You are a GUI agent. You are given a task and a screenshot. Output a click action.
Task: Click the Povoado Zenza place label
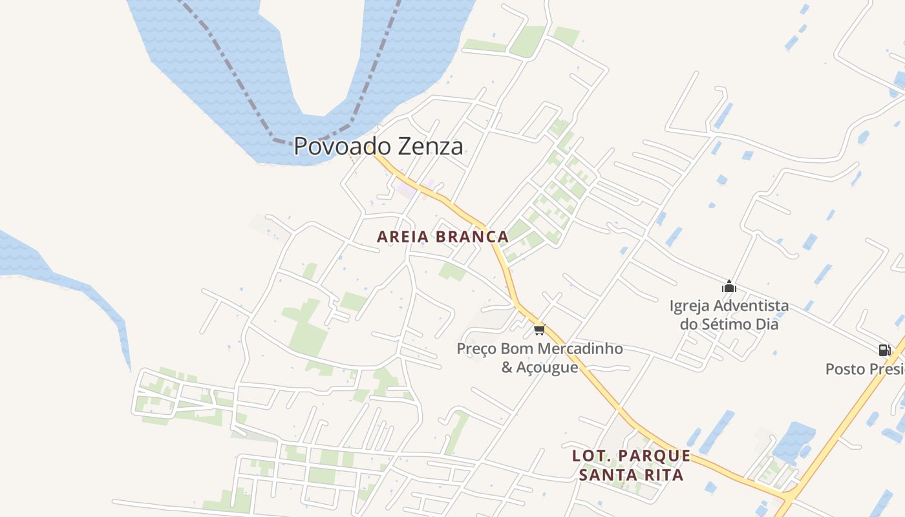click(378, 146)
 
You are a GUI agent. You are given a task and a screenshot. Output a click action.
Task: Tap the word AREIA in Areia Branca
click(403, 237)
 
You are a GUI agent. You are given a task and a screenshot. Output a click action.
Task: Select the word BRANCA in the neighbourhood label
click(472, 237)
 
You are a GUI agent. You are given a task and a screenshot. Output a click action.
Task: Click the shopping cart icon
click(540, 330)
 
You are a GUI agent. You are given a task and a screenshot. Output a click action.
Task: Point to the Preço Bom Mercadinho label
click(540, 349)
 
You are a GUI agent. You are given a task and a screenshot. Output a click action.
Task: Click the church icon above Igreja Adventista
click(729, 286)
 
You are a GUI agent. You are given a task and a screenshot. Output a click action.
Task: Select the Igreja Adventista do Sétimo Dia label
click(729, 314)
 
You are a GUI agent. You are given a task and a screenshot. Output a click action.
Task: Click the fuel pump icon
click(884, 350)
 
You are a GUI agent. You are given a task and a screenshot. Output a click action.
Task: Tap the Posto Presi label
click(865, 369)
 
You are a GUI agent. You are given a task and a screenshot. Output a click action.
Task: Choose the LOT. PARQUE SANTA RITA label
click(631, 465)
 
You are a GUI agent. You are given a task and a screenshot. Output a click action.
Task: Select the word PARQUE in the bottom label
click(654, 456)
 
